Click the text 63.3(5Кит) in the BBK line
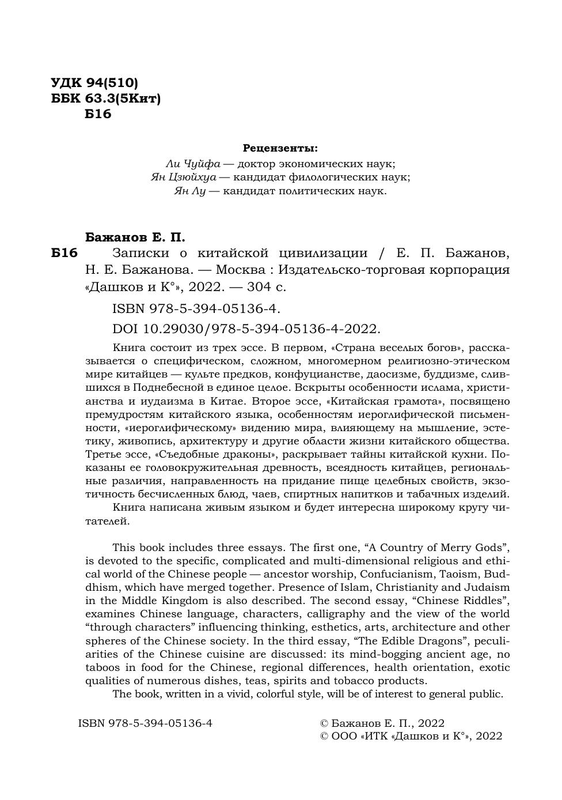(x=123, y=99)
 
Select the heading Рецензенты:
(x=280, y=148)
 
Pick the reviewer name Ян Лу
(x=189, y=191)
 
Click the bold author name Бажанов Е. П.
(x=135, y=237)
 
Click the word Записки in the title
(x=138, y=253)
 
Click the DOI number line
(x=246, y=329)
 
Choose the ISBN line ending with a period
(x=196, y=309)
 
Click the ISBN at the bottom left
(x=145, y=723)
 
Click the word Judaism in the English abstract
(x=487, y=587)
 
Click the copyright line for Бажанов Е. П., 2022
(x=382, y=723)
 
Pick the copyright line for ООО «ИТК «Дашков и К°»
(x=411, y=736)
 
